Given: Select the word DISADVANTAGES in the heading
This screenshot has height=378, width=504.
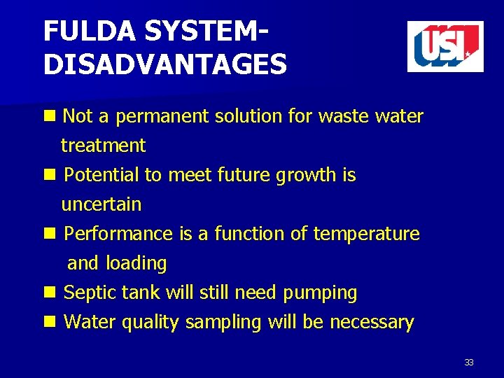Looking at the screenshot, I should click(x=164, y=65).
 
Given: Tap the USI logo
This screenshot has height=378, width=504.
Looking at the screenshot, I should click(x=445, y=46).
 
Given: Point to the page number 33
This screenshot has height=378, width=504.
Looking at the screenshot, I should click(x=469, y=363).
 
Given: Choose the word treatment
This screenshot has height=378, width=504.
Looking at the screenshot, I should click(x=103, y=146).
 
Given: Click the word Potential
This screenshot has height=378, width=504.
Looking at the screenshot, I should click(x=101, y=175).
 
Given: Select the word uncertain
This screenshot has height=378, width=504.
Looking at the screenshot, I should click(x=101, y=205).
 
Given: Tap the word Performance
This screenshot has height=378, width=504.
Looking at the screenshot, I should click(x=118, y=234).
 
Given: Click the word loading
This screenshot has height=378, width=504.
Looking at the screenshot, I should click(x=136, y=264).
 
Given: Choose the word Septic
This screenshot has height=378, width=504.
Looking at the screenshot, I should click(x=86, y=293).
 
